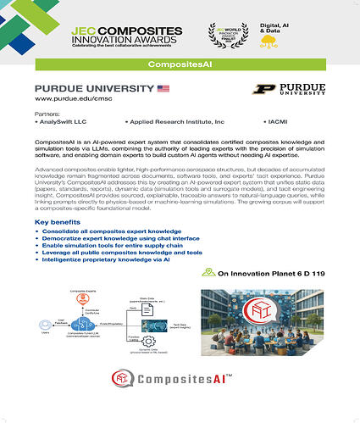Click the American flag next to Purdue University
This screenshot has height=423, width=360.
[x=163, y=88]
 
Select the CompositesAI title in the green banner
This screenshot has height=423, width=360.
[x=180, y=64]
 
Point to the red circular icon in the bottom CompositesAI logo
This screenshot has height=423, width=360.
[x=124, y=398]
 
